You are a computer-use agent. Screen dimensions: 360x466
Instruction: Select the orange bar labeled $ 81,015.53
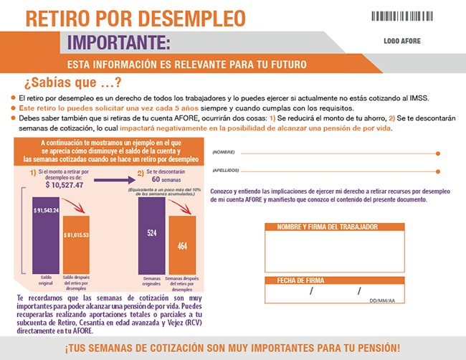click(77, 244)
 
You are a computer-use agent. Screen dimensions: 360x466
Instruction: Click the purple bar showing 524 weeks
click(152, 237)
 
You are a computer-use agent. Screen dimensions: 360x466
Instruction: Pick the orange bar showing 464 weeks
click(182, 245)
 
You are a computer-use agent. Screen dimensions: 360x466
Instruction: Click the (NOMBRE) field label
click(224, 153)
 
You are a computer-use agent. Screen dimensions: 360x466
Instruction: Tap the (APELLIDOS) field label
click(227, 171)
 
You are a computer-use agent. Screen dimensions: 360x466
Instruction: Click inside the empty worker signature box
click(331, 251)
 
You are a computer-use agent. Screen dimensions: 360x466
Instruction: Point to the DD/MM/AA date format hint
click(382, 301)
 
